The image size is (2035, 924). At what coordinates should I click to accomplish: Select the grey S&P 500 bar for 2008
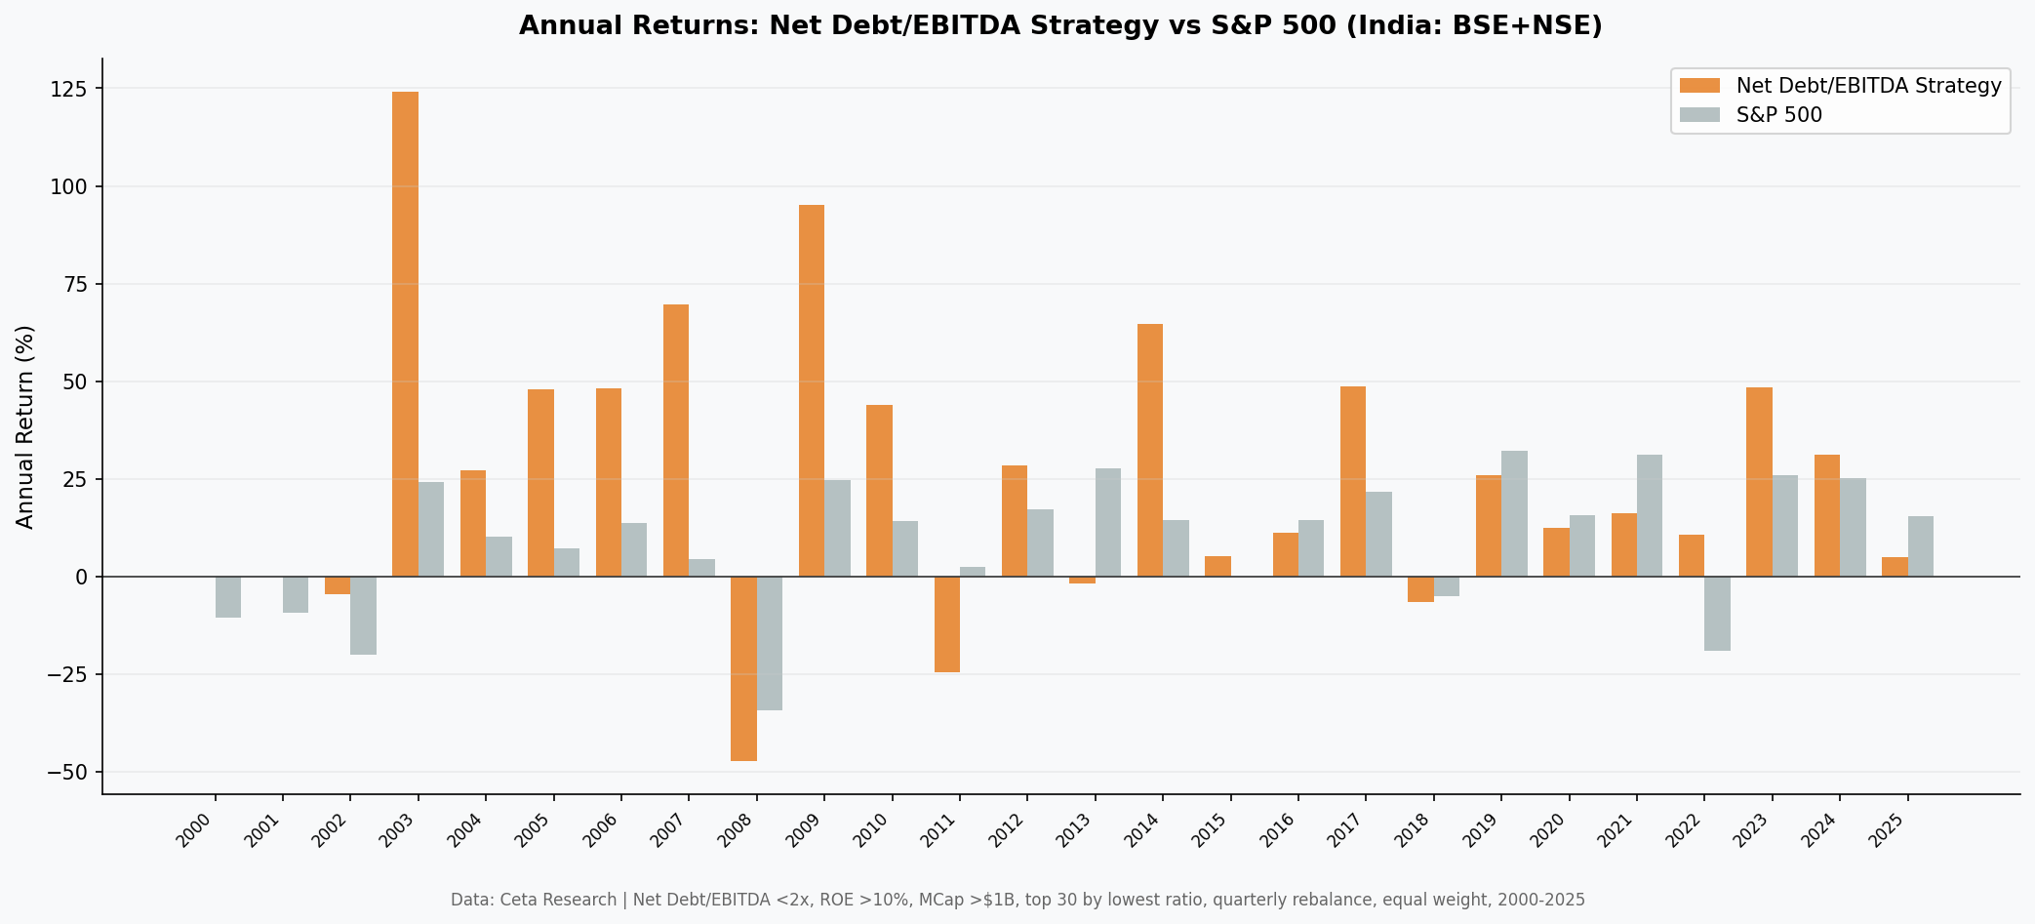point(770,643)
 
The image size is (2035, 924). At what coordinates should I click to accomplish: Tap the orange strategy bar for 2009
point(812,390)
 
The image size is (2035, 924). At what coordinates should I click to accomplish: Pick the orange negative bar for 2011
point(947,624)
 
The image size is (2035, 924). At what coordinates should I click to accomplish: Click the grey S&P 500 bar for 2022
point(1717,614)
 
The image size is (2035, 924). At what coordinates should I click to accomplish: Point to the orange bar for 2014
point(1150,450)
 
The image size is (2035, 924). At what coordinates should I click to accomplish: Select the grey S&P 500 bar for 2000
point(228,597)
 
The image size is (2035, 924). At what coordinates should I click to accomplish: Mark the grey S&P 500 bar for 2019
point(1514,513)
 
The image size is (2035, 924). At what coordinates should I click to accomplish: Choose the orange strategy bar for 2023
point(1759,482)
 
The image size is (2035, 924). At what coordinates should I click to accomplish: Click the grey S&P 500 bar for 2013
point(1108,522)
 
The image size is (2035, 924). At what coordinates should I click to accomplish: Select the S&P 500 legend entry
point(1778,115)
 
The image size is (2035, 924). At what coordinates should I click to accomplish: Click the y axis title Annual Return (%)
point(25,426)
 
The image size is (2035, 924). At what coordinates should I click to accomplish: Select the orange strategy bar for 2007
point(676,440)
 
